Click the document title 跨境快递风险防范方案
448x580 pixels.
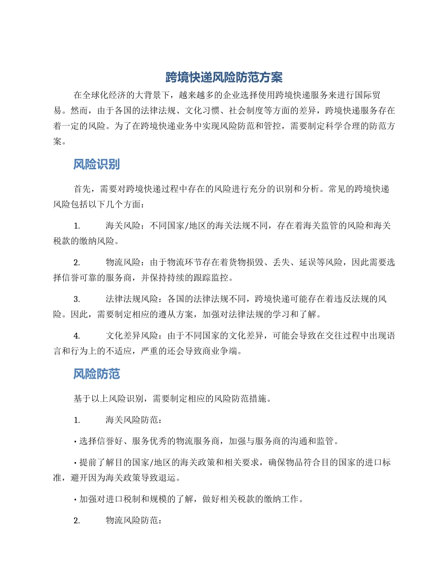coord(224,77)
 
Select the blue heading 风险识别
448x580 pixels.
coord(96,164)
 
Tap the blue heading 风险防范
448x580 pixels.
coord(96,374)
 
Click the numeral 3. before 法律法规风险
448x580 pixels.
coord(76,299)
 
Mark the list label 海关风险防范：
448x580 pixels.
coord(135,420)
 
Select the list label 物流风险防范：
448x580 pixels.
coord(135,521)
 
